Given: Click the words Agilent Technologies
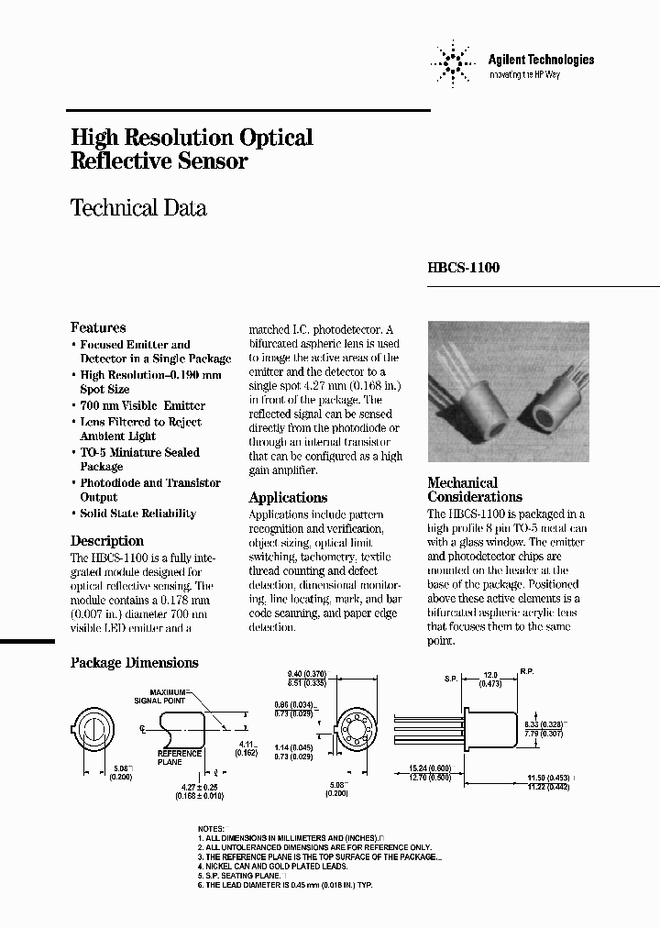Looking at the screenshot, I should coord(541,60).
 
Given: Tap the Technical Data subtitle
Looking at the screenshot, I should coord(138,208).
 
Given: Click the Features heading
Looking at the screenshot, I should coord(98,327).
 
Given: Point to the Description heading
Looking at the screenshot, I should coord(107,541).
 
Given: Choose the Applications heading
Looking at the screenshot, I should coord(289,498).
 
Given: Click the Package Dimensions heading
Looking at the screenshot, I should coord(134,663).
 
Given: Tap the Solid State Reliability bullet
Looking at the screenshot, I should coord(137,514).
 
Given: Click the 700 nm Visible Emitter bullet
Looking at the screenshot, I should coord(142,405).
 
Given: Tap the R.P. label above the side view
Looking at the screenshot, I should coord(527,672).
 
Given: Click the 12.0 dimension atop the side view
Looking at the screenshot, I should coord(491,673).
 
